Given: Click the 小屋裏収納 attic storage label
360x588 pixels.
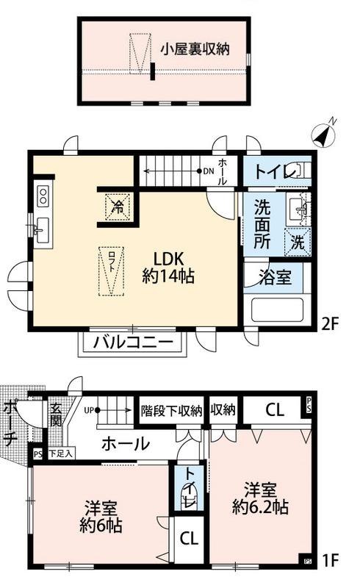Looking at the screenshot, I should [195, 49].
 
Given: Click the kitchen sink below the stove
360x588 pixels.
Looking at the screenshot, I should [41, 228].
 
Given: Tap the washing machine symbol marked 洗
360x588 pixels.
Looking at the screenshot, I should [298, 240].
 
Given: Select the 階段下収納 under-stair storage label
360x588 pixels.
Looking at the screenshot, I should [170, 411].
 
